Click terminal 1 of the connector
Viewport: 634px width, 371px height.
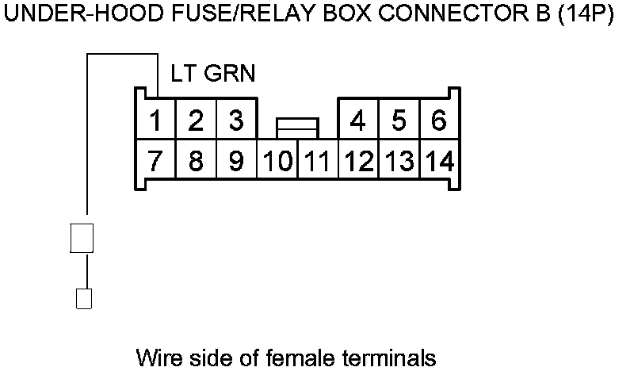click(155, 121)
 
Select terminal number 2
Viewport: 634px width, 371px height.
click(196, 121)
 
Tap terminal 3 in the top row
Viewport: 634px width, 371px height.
click(235, 121)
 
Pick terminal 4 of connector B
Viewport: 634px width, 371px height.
click(358, 121)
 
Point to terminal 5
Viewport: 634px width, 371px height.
click(399, 121)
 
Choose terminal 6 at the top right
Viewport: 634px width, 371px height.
click(438, 121)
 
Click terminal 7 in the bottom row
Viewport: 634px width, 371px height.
click(155, 162)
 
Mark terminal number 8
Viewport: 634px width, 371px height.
click(196, 162)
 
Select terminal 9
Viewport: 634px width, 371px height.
click(235, 162)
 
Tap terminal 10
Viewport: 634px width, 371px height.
click(277, 162)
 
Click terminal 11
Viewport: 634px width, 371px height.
click(318, 162)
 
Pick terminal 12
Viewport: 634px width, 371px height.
click(358, 162)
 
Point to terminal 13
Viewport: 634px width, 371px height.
click(399, 162)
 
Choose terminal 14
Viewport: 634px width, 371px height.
click(438, 162)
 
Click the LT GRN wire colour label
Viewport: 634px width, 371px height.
click(212, 74)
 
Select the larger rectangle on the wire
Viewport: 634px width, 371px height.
click(82, 238)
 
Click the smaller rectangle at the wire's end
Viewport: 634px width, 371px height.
click(82, 298)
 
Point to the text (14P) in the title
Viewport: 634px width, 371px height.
click(586, 17)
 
